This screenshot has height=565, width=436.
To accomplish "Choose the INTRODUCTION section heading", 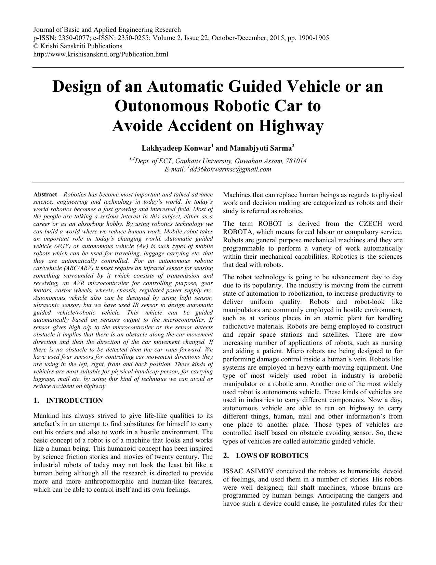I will pos(74,401).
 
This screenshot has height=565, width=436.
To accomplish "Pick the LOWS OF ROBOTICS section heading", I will pos(272,456).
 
